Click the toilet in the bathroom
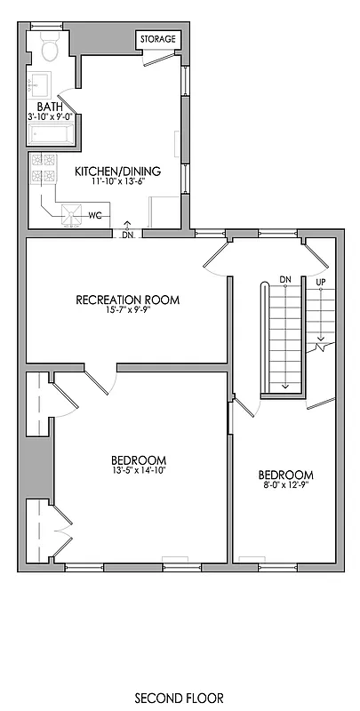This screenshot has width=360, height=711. point(49,48)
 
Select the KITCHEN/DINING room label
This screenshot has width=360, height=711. point(130,171)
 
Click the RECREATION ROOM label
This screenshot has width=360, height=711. point(127,300)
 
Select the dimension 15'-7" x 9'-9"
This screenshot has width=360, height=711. point(127,312)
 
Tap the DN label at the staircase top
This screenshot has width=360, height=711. point(285,279)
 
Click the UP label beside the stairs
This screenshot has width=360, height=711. point(321,282)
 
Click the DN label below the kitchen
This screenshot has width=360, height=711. point(128,235)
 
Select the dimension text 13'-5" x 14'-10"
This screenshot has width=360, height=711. point(138,471)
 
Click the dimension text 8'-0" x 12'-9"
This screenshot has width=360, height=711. point(285,485)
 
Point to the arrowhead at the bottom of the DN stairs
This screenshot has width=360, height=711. point(285,387)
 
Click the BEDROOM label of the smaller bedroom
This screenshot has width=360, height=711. point(285,474)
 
